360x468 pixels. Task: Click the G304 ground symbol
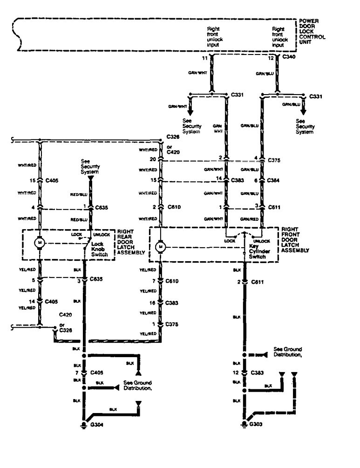pos(84,424)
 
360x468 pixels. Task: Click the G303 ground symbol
pos(243,424)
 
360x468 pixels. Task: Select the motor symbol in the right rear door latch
pos(40,243)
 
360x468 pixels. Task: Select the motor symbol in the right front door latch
pos(160,246)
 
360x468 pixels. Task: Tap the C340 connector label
pos(289,57)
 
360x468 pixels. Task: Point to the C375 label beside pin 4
pos(275,159)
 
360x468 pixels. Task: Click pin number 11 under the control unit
pos(204,58)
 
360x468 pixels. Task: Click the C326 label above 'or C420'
pos(173,138)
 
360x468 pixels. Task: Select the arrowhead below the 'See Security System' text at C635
pos(90,177)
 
